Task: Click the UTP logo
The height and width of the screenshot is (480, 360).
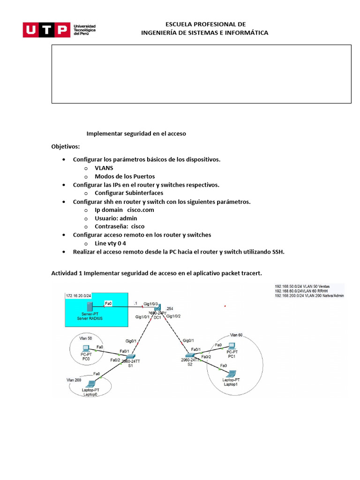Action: [45, 30]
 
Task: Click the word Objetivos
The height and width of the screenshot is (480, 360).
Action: [66, 146]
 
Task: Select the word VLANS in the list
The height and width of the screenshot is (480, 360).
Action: [104, 167]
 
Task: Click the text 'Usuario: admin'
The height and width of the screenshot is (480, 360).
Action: [116, 218]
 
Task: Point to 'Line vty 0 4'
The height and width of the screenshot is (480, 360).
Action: [111, 243]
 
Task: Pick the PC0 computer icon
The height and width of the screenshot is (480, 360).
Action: [86, 348]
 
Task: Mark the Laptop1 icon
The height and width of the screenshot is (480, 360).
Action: [230, 374]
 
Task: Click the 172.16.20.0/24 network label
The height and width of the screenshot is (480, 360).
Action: [78, 296]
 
